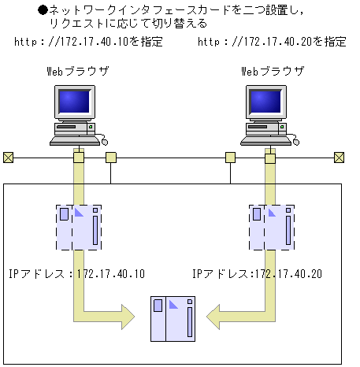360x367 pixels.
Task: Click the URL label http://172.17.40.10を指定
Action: [88, 42]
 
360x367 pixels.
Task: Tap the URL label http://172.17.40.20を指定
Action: [272, 42]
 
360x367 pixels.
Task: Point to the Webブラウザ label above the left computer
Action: [78, 72]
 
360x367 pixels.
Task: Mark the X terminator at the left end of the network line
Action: [8, 157]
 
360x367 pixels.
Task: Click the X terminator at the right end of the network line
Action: [339, 157]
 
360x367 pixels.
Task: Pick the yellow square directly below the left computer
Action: [78, 158]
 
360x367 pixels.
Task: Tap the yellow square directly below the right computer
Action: [270, 158]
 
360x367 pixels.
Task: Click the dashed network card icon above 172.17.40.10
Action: [79, 227]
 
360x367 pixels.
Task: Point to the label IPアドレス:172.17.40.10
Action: [76, 274]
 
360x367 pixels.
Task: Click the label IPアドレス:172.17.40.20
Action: [257, 274]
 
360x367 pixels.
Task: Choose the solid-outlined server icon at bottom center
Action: [173, 318]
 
